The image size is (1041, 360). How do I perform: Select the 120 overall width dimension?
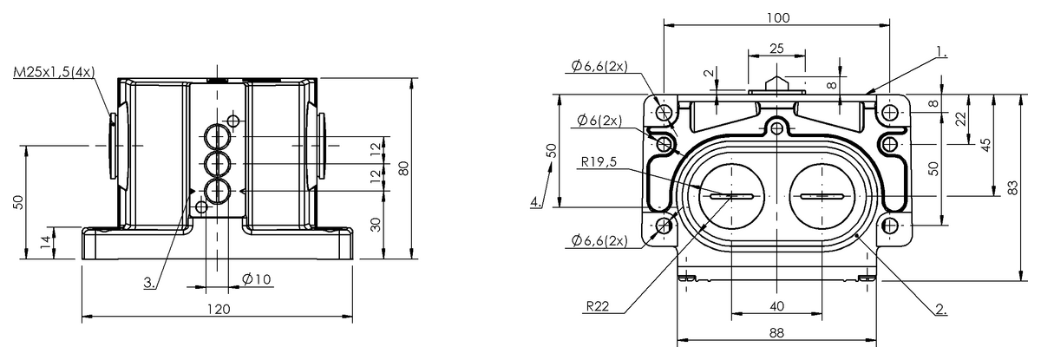pyautogui.click(x=217, y=310)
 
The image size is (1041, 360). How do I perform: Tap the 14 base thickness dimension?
pyautogui.click(x=45, y=243)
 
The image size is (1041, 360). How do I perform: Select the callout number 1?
pyautogui.click(x=940, y=52)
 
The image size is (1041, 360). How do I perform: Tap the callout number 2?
pyautogui.click(x=940, y=308)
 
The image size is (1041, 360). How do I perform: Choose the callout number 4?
pyautogui.click(x=536, y=203)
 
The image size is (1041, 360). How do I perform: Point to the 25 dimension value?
pyautogui.click(x=776, y=49)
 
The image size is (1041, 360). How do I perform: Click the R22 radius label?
pyautogui.click(x=599, y=305)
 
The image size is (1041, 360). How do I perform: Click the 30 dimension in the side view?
pyautogui.click(x=375, y=224)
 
